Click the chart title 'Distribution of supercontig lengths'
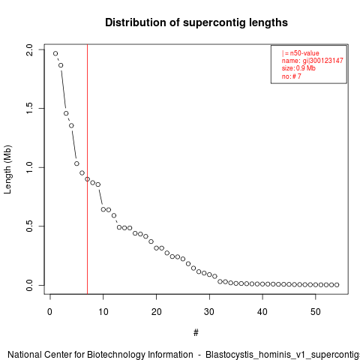coord(196,22)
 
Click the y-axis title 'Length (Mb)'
coord(7,169)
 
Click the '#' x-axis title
coord(196,333)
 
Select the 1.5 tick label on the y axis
coord(29,109)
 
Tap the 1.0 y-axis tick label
coord(29,167)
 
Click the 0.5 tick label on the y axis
coord(29,226)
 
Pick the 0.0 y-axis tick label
coord(29,285)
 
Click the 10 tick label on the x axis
coord(103,312)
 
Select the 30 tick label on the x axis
coord(209,312)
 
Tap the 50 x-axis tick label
coord(316,312)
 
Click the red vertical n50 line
coord(88,169)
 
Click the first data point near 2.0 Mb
coord(55,53)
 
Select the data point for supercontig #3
coord(66,113)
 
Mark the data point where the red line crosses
coord(87,179)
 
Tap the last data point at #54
coord(337,285)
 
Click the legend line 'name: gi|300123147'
coord(313,61)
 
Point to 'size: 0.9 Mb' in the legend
coord(298,68)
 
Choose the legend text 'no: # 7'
coord(292,76)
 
